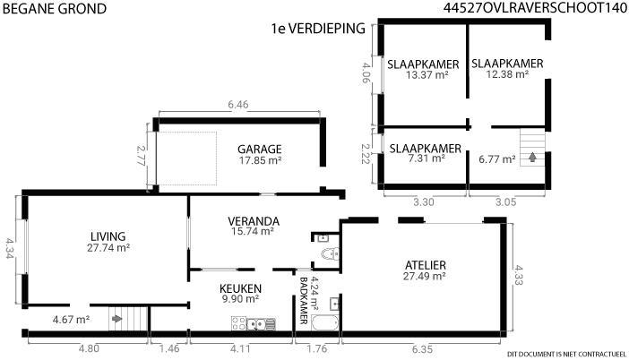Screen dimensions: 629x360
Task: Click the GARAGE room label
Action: coord(260,150)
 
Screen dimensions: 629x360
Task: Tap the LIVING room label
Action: coord(108,236)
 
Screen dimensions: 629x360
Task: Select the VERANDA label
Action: coord(254,221)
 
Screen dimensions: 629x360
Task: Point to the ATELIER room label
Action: coord(426,265)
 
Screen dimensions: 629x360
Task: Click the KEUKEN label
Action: coord(240,288)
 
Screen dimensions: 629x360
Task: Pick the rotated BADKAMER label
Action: coord(304,301)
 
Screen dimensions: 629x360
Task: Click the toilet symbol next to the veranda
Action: coord(330,253)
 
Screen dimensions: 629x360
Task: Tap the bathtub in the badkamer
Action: coord(324,323)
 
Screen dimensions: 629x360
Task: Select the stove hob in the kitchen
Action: coord(238,323)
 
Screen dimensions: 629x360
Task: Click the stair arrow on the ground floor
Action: coord(116,319)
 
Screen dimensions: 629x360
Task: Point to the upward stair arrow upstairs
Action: coord(532,157)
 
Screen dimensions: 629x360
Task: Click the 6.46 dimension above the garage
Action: coord(238,105)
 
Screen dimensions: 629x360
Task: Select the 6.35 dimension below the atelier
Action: coord(422,349)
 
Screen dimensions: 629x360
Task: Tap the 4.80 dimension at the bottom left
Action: coord(89,348)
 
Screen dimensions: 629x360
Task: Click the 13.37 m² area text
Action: coord(427,75)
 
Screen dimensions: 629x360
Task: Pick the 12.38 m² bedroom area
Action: coord(507,74)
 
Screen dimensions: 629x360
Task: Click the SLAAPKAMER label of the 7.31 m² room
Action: coord(426,149)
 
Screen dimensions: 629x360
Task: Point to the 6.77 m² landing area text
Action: coord(497,159)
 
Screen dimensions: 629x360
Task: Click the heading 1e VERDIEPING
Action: coord(318,29)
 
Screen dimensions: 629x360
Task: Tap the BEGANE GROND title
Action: coord(55,9)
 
